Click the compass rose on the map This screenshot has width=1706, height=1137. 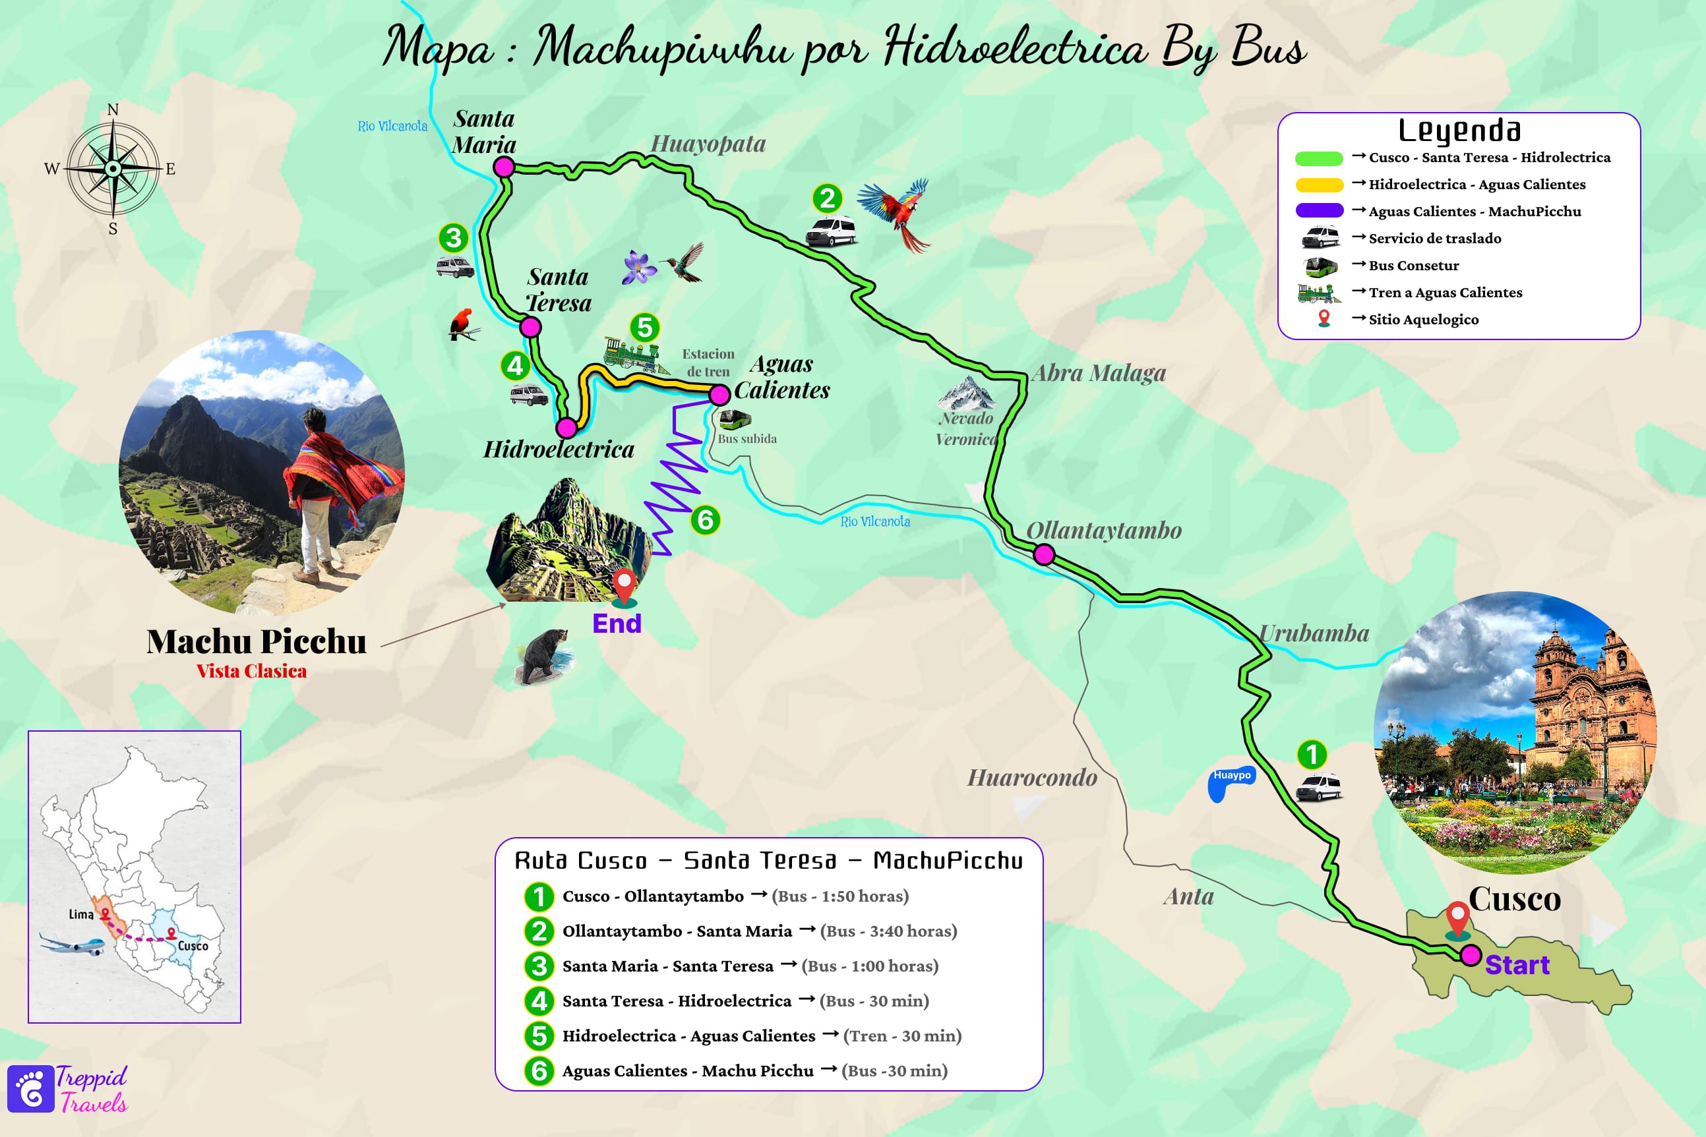[113, 169]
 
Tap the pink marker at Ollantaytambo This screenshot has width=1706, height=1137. [1044, 555]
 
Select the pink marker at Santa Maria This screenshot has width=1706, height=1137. [503, 167]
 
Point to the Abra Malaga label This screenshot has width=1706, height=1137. [1098, 372]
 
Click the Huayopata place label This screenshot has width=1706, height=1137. [708, 144]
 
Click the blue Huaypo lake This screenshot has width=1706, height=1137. [1229, 783]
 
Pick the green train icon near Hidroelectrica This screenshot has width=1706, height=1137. [633, 354]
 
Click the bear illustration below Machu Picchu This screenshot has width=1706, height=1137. [545, 656]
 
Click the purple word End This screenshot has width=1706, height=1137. [617, 624]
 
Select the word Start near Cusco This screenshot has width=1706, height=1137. [1517, 965]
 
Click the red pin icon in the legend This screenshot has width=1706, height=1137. [1324, 319]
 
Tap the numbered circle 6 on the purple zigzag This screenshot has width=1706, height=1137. [705, 519]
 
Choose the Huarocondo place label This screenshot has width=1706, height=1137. [1031, 777]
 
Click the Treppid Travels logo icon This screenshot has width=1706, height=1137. [30, 1088]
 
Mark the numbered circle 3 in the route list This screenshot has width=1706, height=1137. [538, 966]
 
